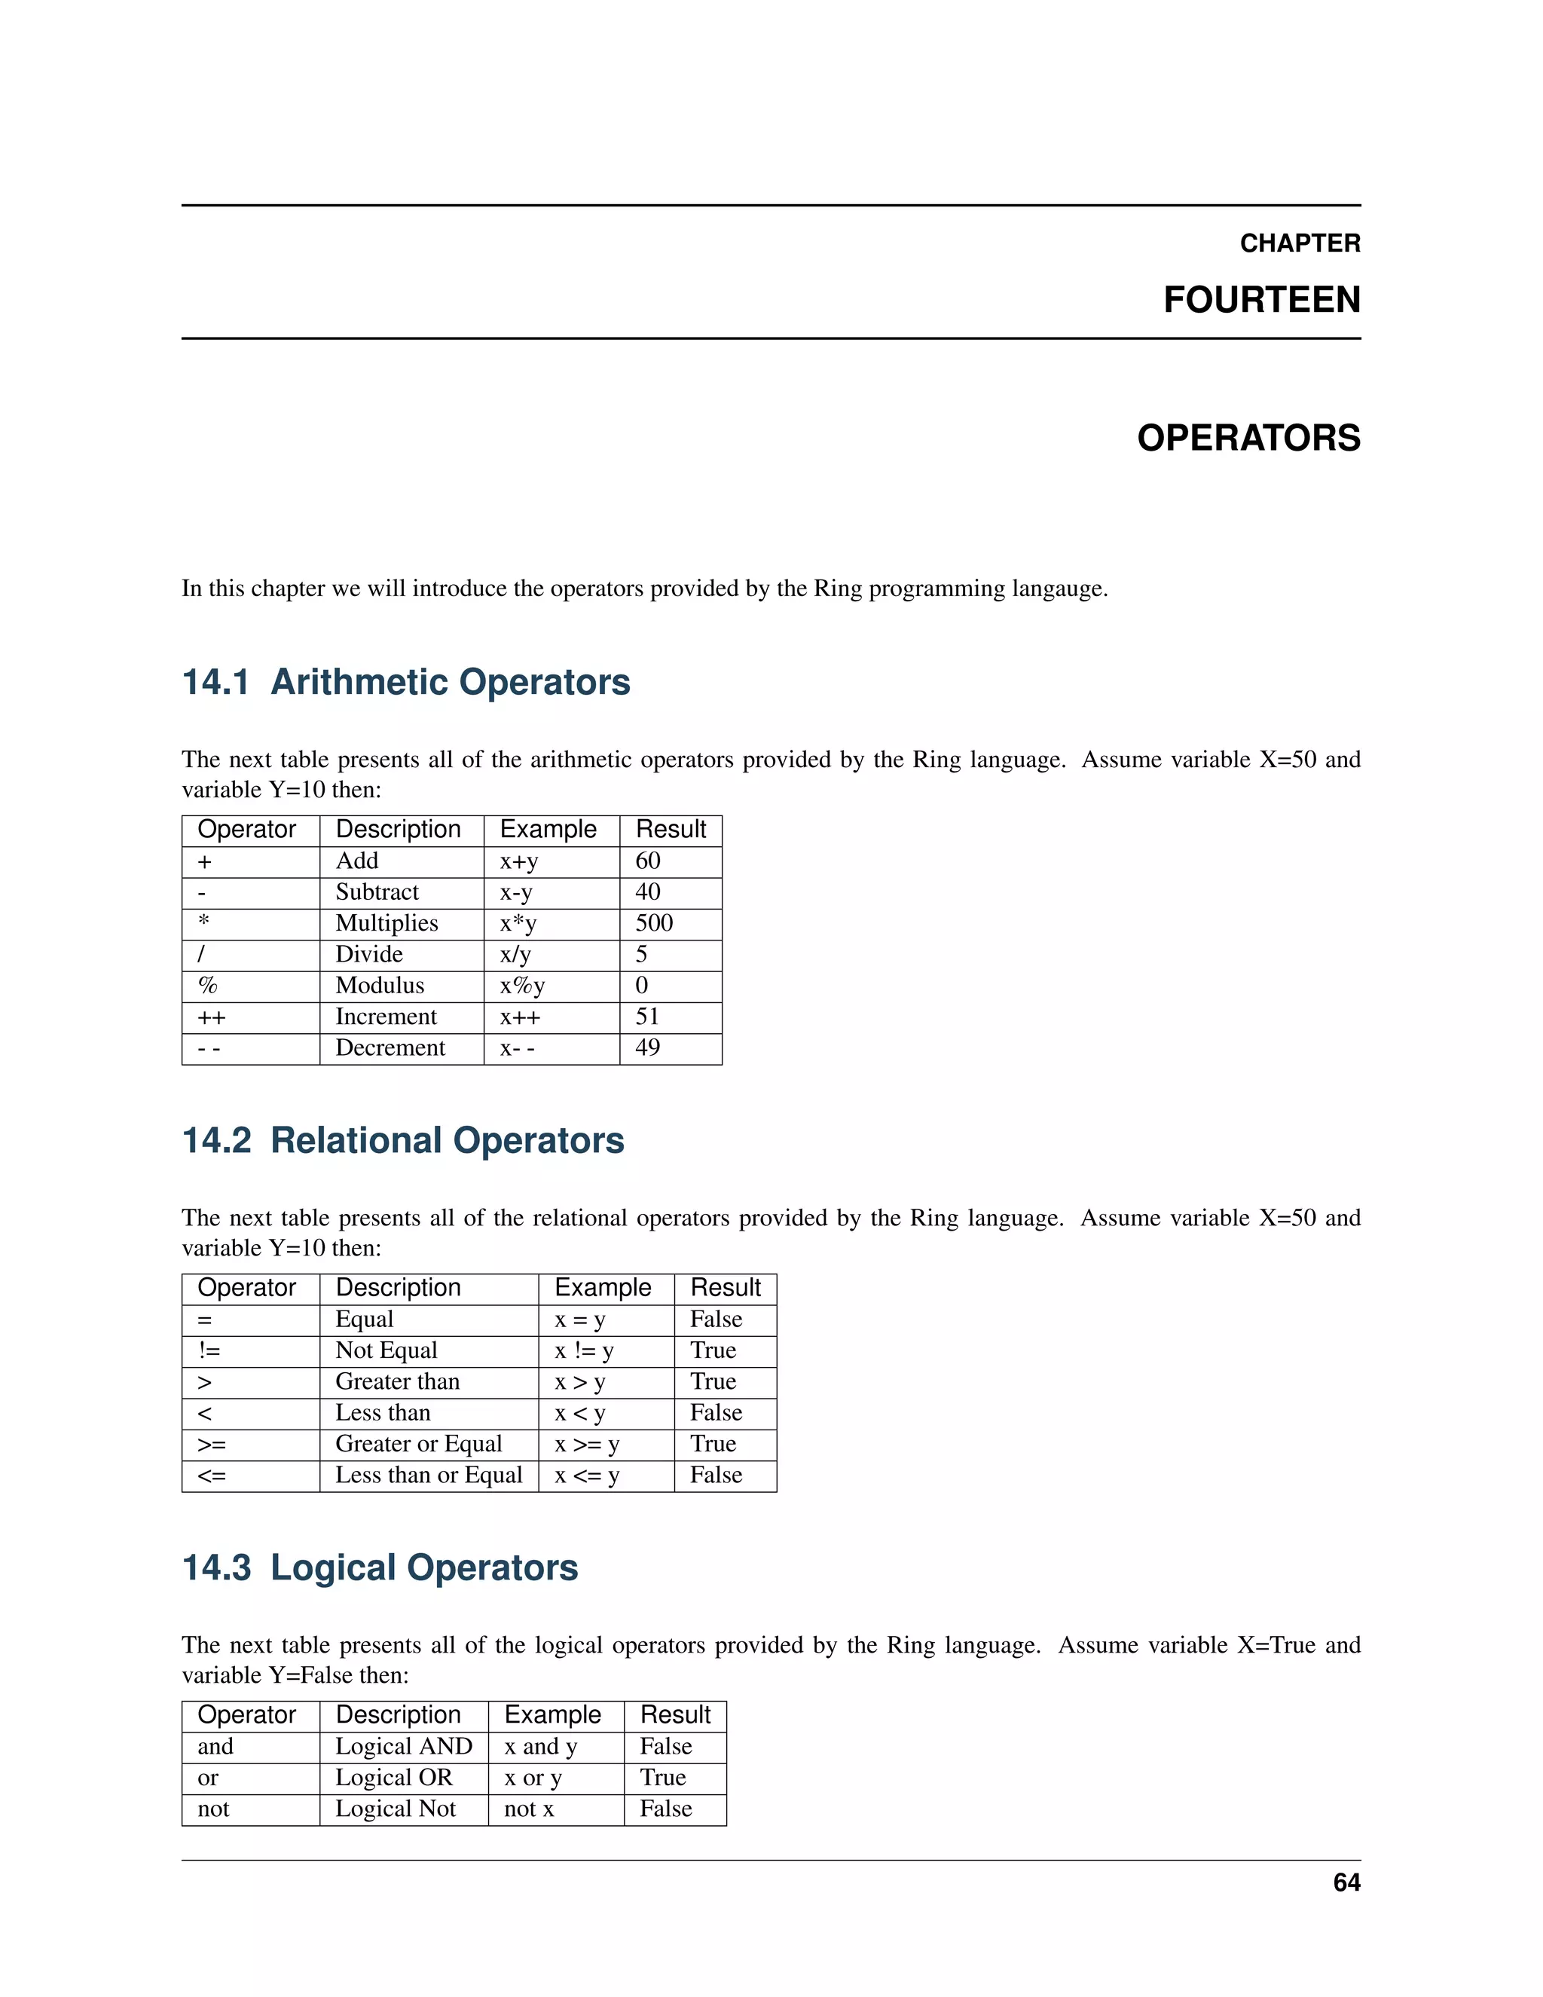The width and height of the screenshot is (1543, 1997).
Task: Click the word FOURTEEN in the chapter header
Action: click(1260, 300)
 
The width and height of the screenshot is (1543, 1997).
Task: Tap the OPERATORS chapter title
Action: click(1248, 438)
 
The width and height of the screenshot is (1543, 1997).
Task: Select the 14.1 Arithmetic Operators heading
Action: click(406, 682)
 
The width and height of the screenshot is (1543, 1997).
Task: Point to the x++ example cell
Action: click(520, 1017)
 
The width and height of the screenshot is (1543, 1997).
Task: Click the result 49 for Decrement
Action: click(647, 1048)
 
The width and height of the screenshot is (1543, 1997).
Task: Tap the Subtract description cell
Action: click(377, 891)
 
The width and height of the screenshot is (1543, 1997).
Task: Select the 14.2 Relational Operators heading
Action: click(403, 1140)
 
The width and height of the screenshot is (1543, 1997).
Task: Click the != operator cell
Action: click(209, 1350)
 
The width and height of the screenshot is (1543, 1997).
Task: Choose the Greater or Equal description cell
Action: click(419, 1444)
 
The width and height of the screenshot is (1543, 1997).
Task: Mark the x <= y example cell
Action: click(587, 1475)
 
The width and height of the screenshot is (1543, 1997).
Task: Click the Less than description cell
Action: click(382, 1413)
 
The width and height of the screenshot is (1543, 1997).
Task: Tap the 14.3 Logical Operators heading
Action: click(380, 1567)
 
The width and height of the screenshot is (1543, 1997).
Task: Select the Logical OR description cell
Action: click(393, 1778)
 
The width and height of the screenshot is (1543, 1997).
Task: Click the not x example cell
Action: click(528, 1809)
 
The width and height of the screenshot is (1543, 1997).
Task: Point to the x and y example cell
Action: click(540, 1747)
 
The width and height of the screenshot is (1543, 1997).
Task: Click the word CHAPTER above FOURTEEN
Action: click(1299, 243)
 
